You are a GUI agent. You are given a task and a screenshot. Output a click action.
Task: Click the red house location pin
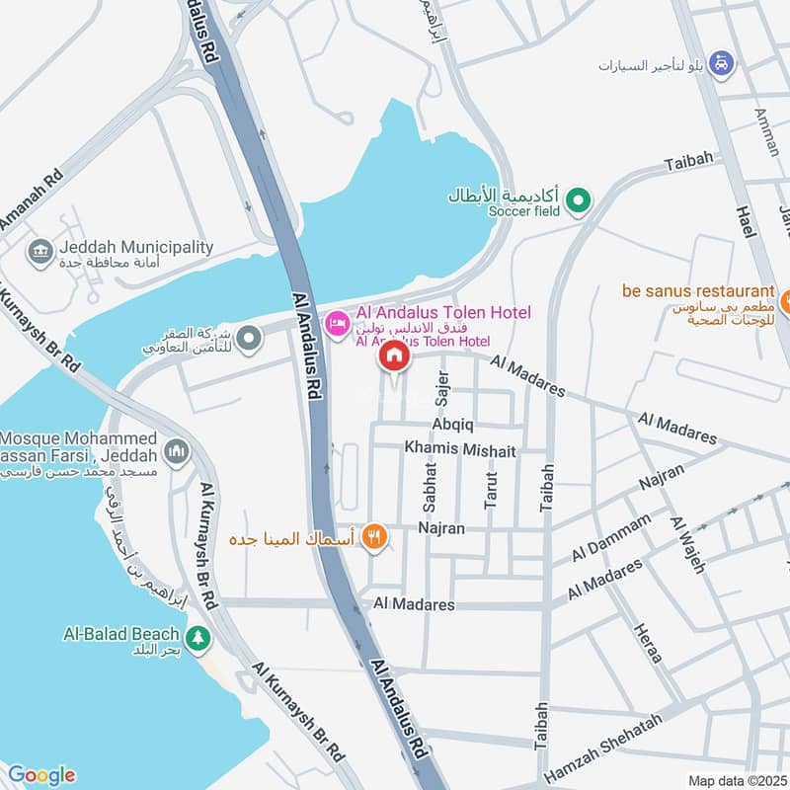394,356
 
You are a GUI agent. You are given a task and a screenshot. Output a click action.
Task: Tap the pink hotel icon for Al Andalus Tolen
338,323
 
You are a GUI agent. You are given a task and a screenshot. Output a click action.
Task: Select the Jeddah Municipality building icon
40,254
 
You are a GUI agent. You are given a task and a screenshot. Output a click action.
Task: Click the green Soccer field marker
582,202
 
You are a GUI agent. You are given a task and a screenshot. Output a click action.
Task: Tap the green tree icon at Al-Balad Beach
199,639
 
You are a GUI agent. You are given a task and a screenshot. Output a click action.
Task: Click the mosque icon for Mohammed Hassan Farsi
178,451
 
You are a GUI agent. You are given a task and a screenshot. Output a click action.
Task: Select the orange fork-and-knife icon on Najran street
374,537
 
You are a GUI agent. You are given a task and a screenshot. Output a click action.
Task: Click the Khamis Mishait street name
459,449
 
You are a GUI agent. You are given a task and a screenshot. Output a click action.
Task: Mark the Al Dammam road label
612,537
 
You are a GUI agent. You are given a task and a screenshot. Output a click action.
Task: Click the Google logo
40,774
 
